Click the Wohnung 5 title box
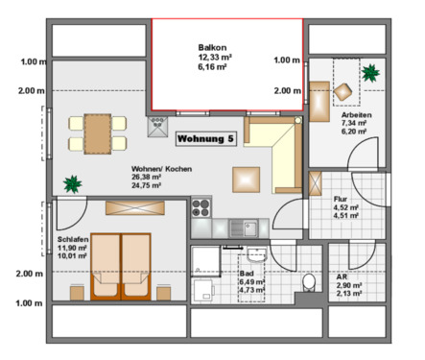(204, 139)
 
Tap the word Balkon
(212, 47)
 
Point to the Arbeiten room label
(357, 114)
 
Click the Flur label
(340, 198)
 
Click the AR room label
(342, 276)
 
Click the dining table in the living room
(97, 131)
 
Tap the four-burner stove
(201, 206)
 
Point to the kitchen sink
(250, 228)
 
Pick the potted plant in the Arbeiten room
(369, 71)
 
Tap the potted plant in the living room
(70, 183)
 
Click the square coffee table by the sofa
(246, 179)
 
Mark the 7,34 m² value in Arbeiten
(356, 124)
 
